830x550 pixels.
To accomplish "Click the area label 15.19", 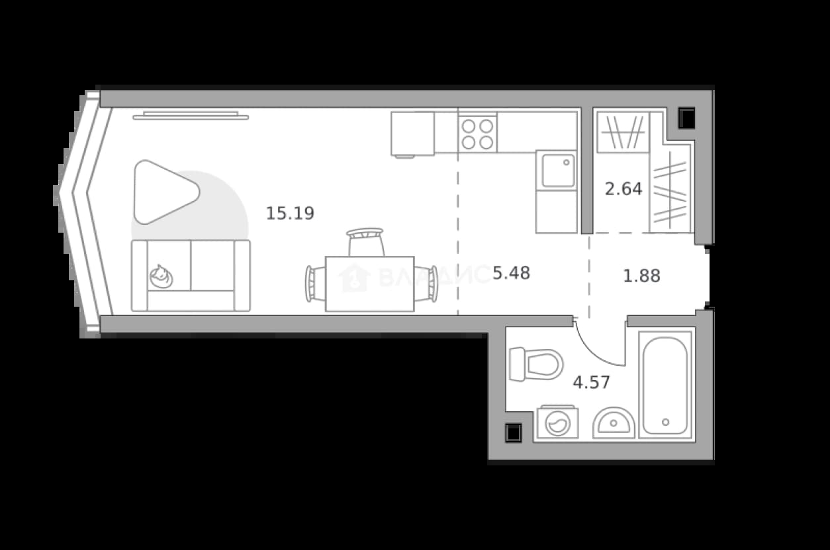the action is pos(290,213).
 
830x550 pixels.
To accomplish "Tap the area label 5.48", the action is pos(512,273).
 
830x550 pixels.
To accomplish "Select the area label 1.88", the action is pos(642,276).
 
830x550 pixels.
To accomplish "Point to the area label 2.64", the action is pos(623,189).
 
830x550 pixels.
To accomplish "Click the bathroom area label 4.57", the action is pos(591,382).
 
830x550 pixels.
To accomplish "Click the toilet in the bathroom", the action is pos(536,364).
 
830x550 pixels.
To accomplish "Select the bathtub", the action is pos(665,385).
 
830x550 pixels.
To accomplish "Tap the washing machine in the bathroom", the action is pos(558,422).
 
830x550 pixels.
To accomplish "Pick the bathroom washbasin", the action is pos(614,422).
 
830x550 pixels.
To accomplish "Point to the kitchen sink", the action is pos(558,171).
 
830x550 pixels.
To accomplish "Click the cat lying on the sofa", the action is pos(161,276).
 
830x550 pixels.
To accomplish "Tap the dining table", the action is pos(370,284).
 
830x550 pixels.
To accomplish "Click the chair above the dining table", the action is pos(365,242).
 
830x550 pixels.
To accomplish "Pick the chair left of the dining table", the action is pos(315,284).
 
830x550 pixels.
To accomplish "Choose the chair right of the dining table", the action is pos(426,284).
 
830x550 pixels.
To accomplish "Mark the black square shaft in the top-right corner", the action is pos(686,118).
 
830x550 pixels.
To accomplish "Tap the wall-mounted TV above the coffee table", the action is pos(191,116).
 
